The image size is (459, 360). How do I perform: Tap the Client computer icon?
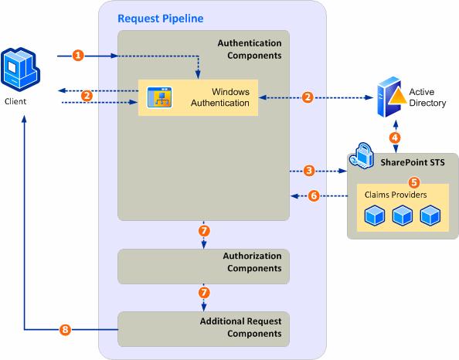[19, 69]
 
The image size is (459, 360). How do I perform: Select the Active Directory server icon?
[394, 96]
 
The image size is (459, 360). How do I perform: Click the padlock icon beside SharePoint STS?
[362, 158]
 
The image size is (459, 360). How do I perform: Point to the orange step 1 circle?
[77, 56]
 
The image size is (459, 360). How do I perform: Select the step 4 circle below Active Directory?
[395, 138]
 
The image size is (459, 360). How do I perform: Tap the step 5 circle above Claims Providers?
[413, 183]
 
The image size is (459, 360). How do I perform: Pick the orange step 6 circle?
[313, 196]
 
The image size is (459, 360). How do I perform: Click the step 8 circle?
[65, 331]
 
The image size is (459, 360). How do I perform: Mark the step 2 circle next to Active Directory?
[308, 97]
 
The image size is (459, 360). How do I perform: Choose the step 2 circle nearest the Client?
[87, 96]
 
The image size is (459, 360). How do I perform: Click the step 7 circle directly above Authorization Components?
[204, 231]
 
